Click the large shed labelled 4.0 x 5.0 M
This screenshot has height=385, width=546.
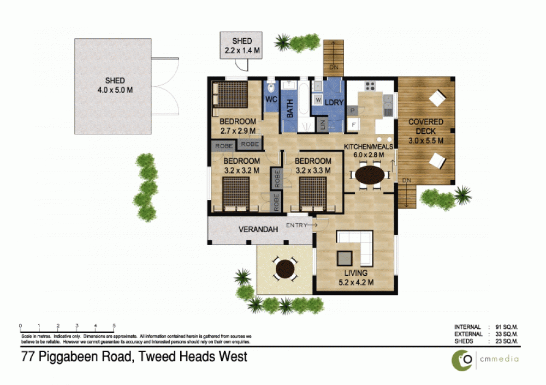(x=113, y=86)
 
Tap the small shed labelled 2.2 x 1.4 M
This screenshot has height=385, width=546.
(x=241, y=46)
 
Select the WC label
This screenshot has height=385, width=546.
(x=271, y=99)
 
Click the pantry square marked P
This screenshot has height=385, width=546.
(x=352, y=110)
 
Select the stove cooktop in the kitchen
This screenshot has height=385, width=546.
(x=370, y=86)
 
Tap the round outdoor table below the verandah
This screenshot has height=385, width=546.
(x=285, y=268)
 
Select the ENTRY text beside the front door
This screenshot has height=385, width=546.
(x=298, y=224)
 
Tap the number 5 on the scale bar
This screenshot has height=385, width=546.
(x=114, y=325)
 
